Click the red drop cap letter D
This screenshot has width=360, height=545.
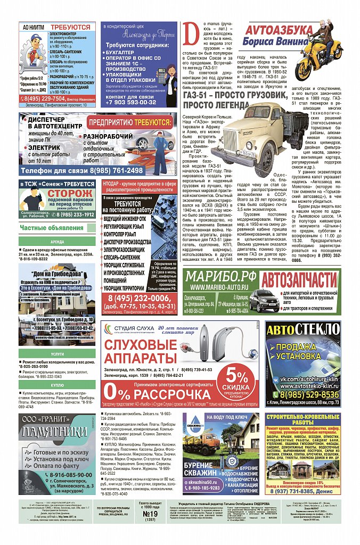(190, 37)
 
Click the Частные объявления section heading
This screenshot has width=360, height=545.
(47, 228)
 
